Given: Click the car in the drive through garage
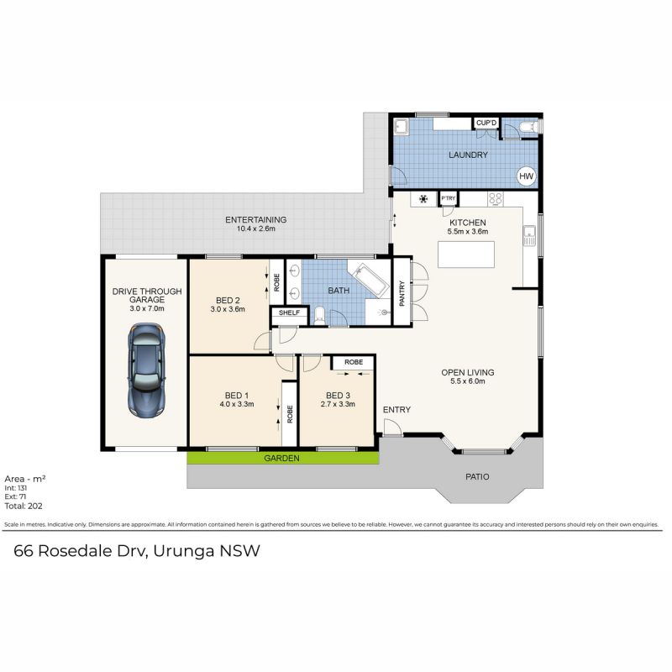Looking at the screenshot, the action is pos(146,370).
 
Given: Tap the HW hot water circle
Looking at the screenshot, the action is pos(526,176).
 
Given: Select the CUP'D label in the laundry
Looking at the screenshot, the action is pos(486,123).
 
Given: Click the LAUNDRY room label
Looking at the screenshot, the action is pos(468,155).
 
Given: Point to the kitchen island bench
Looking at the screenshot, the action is pos(466,255).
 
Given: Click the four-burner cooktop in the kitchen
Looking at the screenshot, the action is pos(496,198).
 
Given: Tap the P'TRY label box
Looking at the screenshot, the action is pos(449,198).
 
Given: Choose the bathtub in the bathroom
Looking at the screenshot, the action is pos(368,280).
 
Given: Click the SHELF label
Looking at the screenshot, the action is pos(289,312).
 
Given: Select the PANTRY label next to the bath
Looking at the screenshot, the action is pos(402,293).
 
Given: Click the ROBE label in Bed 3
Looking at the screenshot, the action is pos(354,362).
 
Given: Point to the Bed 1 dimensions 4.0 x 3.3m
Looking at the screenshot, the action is pos(237,404).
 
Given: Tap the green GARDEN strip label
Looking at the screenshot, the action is pos(281,458).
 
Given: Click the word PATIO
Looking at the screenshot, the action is pos(477,476).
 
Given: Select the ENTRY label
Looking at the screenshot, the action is pos(396,410).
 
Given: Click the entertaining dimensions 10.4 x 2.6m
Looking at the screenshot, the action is pos(256,228).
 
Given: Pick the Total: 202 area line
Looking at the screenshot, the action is pos(24,507).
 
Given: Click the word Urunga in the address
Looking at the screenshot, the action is pos(184,551).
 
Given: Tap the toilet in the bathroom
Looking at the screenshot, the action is pos(320,316).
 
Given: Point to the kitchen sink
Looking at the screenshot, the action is pos(530,235).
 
